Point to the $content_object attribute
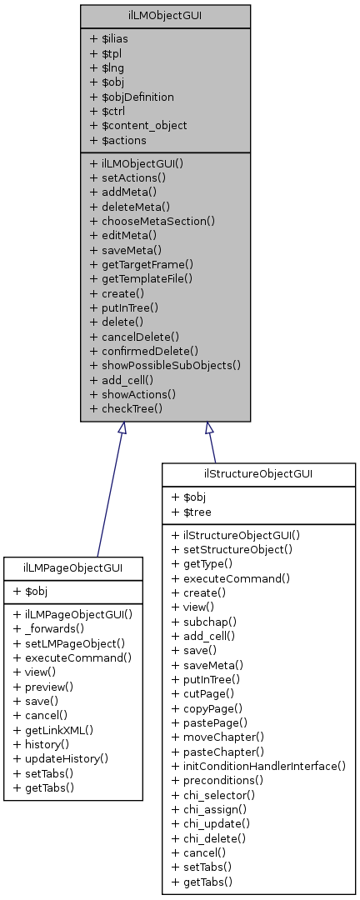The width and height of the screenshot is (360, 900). (137, 125)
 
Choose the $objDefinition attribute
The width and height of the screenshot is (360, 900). (132, 97)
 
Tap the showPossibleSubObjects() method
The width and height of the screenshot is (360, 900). (165, 365)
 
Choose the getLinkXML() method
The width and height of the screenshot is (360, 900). (53, 729)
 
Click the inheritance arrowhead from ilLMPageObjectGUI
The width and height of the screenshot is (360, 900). (122, 428)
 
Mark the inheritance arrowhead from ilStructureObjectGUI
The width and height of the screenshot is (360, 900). (209, 428)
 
